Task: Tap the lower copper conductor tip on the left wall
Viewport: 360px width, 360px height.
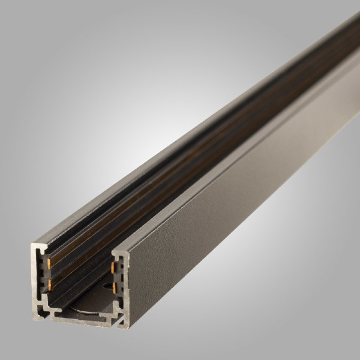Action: pos(47,280)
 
